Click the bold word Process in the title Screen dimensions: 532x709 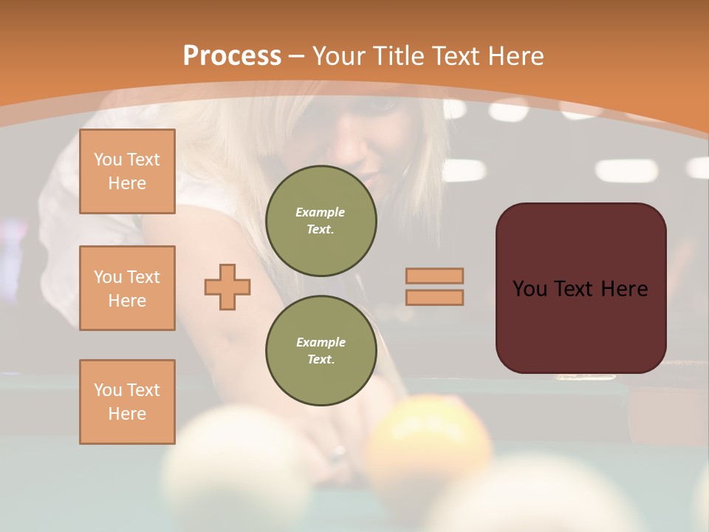point(232,55)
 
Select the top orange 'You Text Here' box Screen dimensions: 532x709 point(127,171)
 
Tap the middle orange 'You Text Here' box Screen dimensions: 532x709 point(127,288)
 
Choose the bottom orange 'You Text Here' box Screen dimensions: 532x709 point(127,402)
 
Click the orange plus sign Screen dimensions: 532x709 point(227,287)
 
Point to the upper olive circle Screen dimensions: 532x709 point(321,220)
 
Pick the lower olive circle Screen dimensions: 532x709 point(321,350)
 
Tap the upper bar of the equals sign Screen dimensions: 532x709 point(435,276)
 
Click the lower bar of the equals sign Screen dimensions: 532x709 point(435,297)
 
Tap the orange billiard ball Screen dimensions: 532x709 point(428,443)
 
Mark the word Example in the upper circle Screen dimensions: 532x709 point(320,212)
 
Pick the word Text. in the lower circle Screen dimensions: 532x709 point(321,359)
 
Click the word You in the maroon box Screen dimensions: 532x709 point(530,289)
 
